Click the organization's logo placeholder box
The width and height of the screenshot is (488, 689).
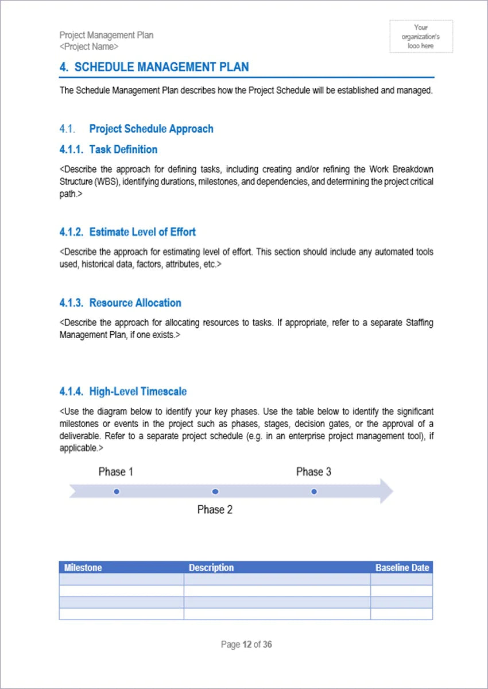[421, 36]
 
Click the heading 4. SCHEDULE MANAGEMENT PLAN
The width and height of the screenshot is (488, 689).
[154, 67]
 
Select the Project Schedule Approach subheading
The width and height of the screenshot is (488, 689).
[151, 129]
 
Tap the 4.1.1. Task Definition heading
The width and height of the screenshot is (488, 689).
[108, 149]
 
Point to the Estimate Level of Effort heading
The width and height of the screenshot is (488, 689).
[142, 232]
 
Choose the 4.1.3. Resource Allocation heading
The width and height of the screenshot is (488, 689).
[120, 303]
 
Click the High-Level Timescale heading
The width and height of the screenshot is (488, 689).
[138, 392]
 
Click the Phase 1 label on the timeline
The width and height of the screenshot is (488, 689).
[116, 472]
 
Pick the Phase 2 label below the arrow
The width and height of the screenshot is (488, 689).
[215, 510]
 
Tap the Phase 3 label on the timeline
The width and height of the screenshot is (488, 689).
[313, 472]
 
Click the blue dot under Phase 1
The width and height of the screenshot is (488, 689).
[117, 491]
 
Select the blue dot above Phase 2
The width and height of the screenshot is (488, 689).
[215, 491]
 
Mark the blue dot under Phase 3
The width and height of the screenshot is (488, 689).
[314, 491]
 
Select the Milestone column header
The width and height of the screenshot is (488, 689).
[83, 567]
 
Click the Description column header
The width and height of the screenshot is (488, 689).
[211, 567]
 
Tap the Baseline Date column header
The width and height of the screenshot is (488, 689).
[402, 567]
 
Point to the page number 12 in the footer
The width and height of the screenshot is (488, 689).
[247, 645]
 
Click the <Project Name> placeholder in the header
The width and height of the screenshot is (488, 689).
[89, 47]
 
